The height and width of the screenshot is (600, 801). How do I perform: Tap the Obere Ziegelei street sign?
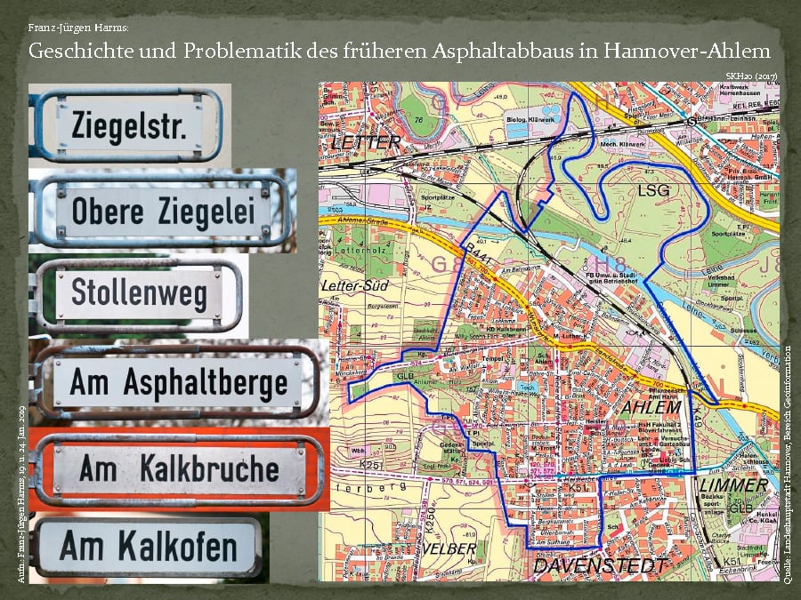163,211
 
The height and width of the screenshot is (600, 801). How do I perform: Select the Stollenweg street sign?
139,293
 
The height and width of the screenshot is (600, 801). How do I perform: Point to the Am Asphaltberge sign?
178,383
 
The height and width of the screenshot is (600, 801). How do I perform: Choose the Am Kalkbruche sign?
178,468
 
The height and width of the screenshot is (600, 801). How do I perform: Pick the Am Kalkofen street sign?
148,547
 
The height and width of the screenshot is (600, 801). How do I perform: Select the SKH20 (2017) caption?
753,76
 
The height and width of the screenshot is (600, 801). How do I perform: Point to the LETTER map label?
365,142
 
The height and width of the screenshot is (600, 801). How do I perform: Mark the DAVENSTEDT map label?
600,566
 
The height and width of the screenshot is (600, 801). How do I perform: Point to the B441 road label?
479,252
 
